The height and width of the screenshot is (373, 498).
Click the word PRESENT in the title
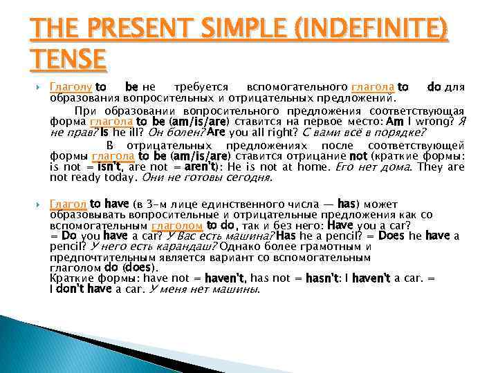(x=120, y=32)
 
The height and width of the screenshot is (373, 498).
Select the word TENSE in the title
(x=67, y=59)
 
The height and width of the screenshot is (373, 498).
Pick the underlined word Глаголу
(x=71, y=88)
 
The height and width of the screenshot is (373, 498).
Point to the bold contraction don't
(x=74, y=289)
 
